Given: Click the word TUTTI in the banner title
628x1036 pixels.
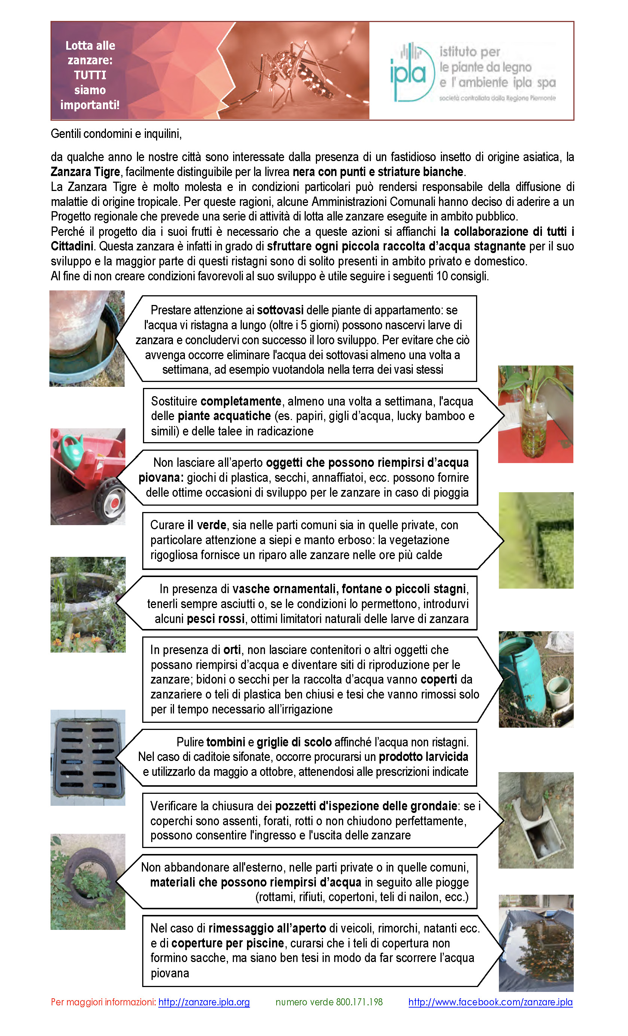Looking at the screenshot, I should click(x=90, y=75).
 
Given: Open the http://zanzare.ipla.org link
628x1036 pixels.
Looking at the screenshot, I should click(x=204, y=1002).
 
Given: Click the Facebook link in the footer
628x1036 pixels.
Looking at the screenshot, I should click(x=490, y=1002).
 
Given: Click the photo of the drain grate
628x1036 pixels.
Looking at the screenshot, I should click(x=88, y=758).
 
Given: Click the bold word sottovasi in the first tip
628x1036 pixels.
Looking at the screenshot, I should click(x=280, y=310).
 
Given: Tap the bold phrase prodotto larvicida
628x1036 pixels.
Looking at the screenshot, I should click(x=423, y=757).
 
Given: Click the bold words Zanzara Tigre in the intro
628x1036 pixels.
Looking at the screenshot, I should click(x=85, y=172).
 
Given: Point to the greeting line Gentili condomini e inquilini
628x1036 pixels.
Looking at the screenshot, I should click(x=116, y=134).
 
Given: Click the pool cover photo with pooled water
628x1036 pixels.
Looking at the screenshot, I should click(x=536, y=942).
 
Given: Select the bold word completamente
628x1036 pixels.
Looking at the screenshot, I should click(x=241, y=401).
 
